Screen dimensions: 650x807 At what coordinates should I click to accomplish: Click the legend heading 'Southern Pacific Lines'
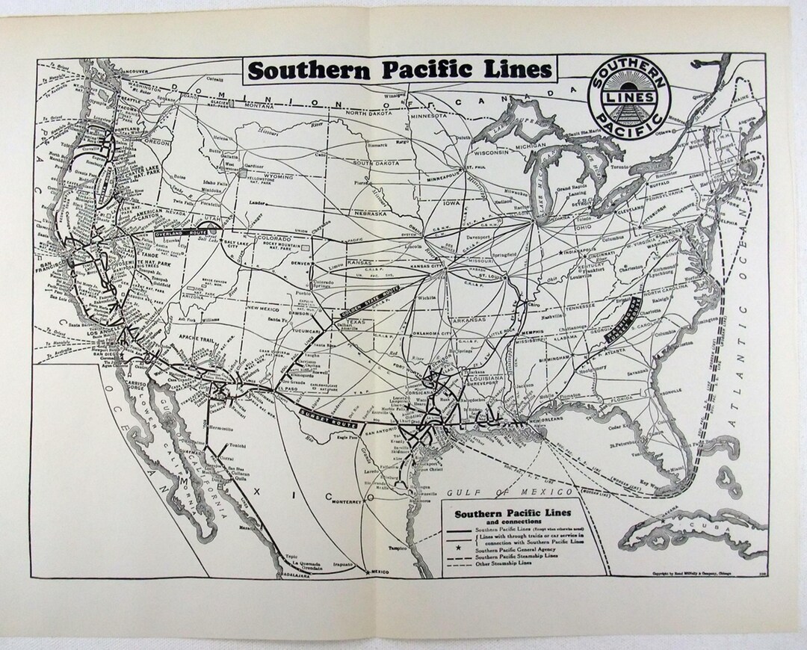coord(513,513)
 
